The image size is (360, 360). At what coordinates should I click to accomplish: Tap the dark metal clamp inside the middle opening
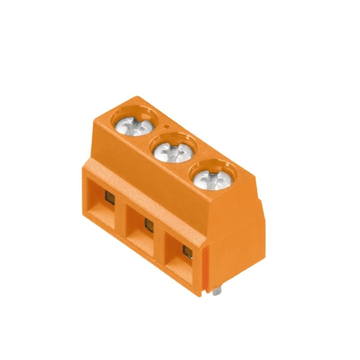pos(148,224)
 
